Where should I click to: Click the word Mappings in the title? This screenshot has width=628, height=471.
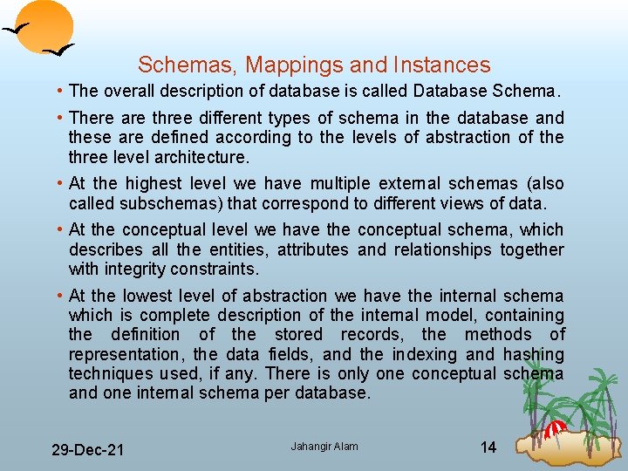tap(289, 65)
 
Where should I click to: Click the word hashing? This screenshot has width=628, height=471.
tap(534, 355)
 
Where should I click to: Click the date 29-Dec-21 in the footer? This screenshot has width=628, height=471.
tap(87, 450)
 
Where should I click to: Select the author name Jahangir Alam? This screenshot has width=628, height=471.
tap(324, 447)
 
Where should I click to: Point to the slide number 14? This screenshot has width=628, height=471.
tap(488, 447)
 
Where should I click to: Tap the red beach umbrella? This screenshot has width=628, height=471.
tap(555, 427)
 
